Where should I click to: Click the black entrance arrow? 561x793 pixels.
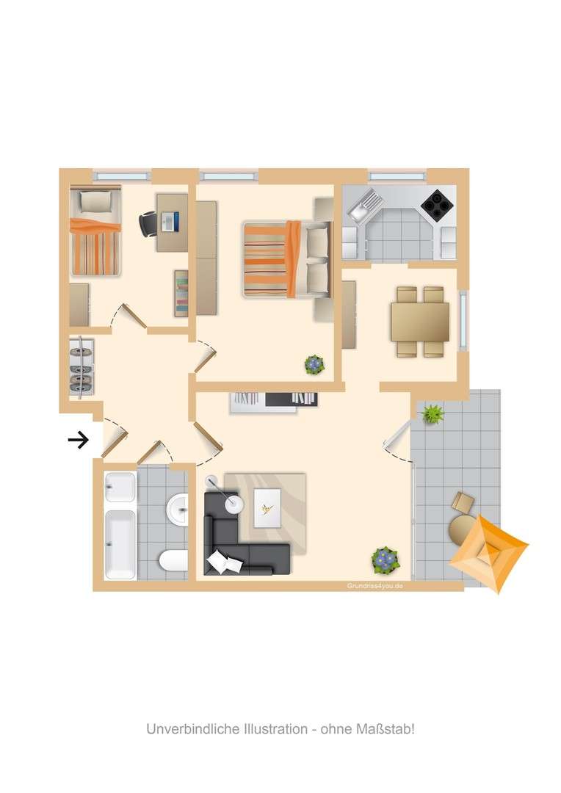79,440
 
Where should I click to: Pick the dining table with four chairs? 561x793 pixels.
420,322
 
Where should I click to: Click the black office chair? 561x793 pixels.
149,222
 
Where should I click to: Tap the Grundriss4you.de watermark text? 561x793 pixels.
374,586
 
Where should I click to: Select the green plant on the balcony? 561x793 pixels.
433,414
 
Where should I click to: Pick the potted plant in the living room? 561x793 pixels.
386,560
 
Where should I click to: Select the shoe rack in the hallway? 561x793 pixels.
82,367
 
